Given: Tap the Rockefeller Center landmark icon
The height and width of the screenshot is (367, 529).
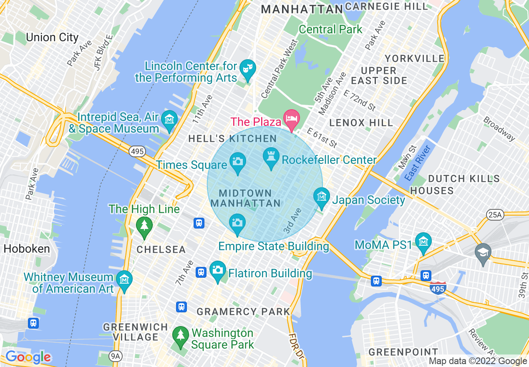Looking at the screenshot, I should click(x=271, y=157).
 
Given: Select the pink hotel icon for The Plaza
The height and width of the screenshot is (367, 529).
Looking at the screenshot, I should click(x=291, y=118).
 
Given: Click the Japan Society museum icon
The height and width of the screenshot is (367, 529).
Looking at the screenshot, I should click(x=321, y=196).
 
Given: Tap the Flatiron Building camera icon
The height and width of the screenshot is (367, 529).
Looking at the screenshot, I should click(x=217, y=270).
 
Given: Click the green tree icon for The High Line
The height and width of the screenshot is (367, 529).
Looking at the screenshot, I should click(x=144, y=226).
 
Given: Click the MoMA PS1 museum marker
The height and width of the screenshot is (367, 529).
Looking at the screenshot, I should click(x=423, y=241).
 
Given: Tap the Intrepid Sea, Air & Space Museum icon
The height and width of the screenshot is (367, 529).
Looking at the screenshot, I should click(x=169, y=119).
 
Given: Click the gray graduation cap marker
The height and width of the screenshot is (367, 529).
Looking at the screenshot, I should click(x=483, y=252).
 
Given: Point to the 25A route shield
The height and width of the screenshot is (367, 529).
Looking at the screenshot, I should click(x=495, y=215).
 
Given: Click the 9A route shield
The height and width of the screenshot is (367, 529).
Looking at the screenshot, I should click(x=116, y=356).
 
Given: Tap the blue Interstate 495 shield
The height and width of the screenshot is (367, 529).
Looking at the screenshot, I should click(x=438, y=288).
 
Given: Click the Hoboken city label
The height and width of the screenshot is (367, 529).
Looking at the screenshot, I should click(x=27, y=249).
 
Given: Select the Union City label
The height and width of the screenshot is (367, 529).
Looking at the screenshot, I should click(x=52, y=38).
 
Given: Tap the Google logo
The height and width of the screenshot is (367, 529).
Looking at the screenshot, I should click(x=28, y=357).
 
